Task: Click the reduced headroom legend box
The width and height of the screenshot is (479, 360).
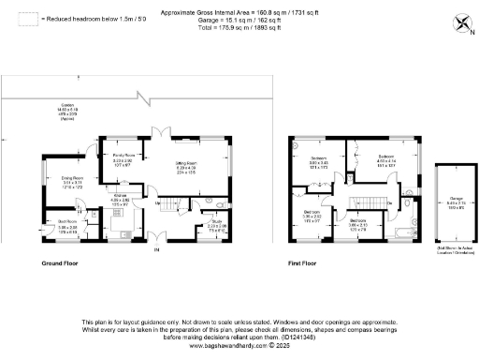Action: click(28, 18)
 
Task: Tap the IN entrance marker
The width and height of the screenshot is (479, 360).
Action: click(157, 249)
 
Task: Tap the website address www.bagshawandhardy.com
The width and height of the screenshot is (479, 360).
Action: click(239, 345)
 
